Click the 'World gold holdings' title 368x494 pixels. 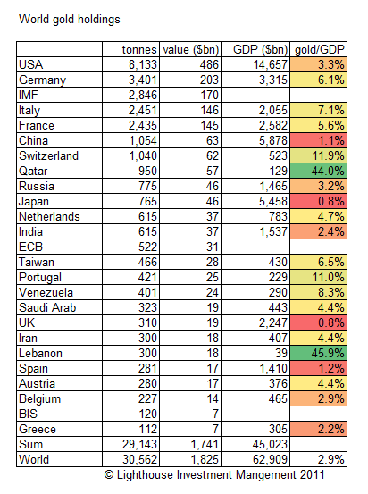[x=70, y=20]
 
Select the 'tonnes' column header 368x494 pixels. [x=139, y=50]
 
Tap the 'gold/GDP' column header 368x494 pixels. [x=320, y=50]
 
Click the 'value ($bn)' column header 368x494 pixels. [x=190, y=50]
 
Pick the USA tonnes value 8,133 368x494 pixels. [x=142, y=64]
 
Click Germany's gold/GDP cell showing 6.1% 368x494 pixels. [x=319, y=80]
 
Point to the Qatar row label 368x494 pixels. [x=33, y=172]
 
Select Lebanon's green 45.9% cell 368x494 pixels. [x=319, y=353]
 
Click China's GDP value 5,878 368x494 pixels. [x=273, y=140]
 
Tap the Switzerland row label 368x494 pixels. [x=48, y=155]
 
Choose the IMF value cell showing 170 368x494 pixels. [x=210, y=95]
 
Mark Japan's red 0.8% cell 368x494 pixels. [x=319, y=201]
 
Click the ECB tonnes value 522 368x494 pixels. [x=147, y=247]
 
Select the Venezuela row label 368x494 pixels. [x=46, y=292]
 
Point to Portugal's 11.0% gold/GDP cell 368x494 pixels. [x=319, y=277]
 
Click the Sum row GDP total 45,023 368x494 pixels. [x=270, y=444]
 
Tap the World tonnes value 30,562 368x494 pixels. [x=139, y=459]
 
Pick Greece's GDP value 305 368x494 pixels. [x=278, y=429]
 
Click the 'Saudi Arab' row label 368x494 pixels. [x=47, y=307]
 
